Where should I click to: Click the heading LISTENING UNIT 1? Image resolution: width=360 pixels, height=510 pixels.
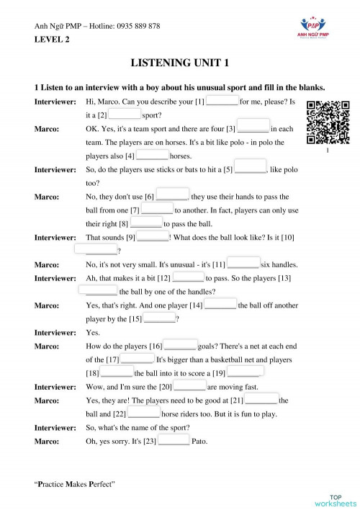point(179,63)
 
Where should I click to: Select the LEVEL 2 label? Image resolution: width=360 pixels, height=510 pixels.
point(53,40)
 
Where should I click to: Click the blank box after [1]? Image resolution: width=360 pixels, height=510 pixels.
point(222,102)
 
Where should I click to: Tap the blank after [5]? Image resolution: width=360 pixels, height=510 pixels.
point(251,169)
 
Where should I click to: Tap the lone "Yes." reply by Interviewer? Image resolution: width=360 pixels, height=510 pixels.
point(93,333)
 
